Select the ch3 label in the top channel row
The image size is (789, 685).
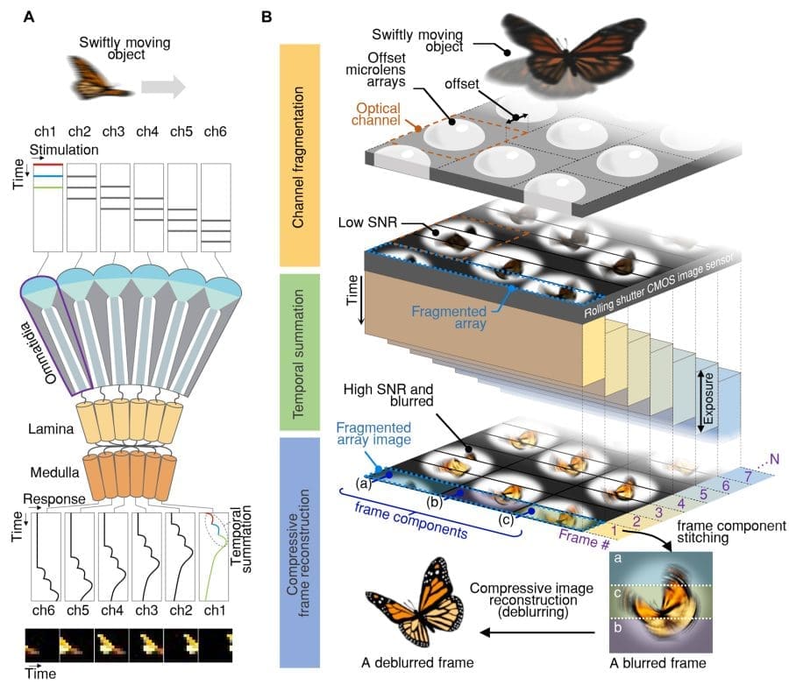click(x=113, y=132)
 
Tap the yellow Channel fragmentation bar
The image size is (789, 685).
click(x=302, y=154)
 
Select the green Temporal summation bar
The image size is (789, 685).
click(x=302, y=350)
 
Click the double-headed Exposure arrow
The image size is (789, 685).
click(x=701, y=399)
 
